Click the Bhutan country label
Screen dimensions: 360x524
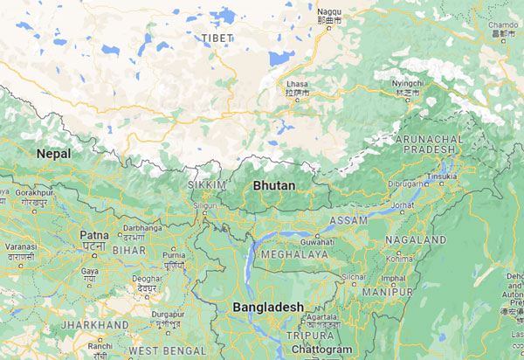coord(273,186)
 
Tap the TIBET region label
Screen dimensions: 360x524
coord(217,38)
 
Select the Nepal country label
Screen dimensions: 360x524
coord(53,153)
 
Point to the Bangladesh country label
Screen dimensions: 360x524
coord(268,308)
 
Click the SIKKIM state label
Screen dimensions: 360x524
coord(207,185)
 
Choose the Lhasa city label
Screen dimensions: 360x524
coord(297,85)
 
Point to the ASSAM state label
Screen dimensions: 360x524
coord(349,220)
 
